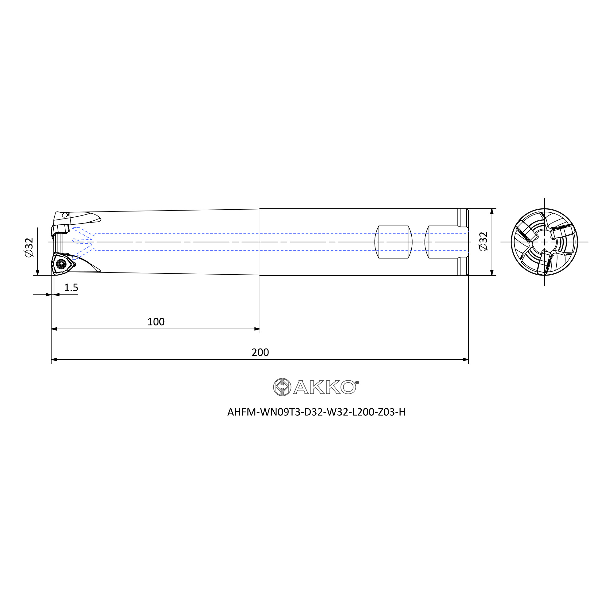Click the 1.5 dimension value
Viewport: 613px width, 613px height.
point(71,287)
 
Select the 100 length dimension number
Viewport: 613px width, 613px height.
point(156,322)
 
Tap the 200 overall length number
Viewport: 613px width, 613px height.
point(260,352)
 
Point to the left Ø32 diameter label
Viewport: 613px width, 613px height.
point(29,247)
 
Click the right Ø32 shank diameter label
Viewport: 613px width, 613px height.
point(483,242)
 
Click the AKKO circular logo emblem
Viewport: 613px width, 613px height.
point(282,387)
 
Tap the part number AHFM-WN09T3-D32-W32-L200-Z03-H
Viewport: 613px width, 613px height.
point(316,412)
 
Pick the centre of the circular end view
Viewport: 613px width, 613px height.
point(544,242)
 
